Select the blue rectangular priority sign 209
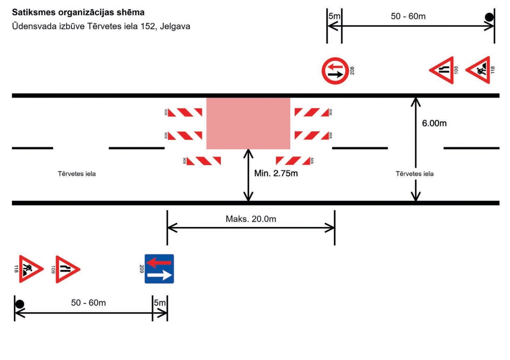point(159,269)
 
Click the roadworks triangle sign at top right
point(480,70)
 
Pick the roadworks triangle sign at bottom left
point(30,269)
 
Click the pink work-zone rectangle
point(248,123)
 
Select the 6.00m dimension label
point(434,123)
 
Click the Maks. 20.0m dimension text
point(251,219)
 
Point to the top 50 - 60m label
point(408,17)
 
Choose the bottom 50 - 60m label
point(88,303)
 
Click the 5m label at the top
point(334,17)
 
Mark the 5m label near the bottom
point(159,303)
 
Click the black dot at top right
point(489,17)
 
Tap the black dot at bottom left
point(19,304)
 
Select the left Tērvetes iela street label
point(77,174)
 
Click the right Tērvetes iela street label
point(415,174)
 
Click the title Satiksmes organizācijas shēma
point(75,11)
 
